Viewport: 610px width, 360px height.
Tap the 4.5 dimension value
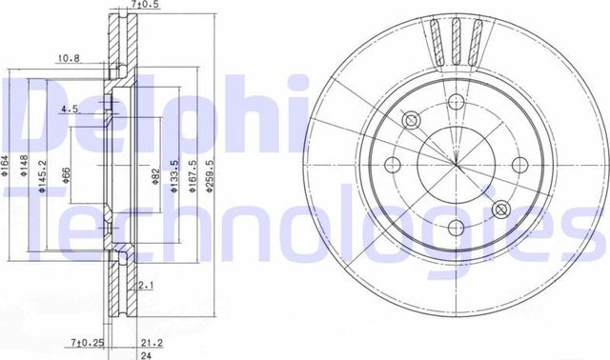69,109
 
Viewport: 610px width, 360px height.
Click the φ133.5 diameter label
173,178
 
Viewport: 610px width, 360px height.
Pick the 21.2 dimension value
149,341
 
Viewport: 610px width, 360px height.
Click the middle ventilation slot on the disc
458,43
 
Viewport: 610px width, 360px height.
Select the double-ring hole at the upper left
412,121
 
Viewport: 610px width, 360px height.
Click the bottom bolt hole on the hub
455,227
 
